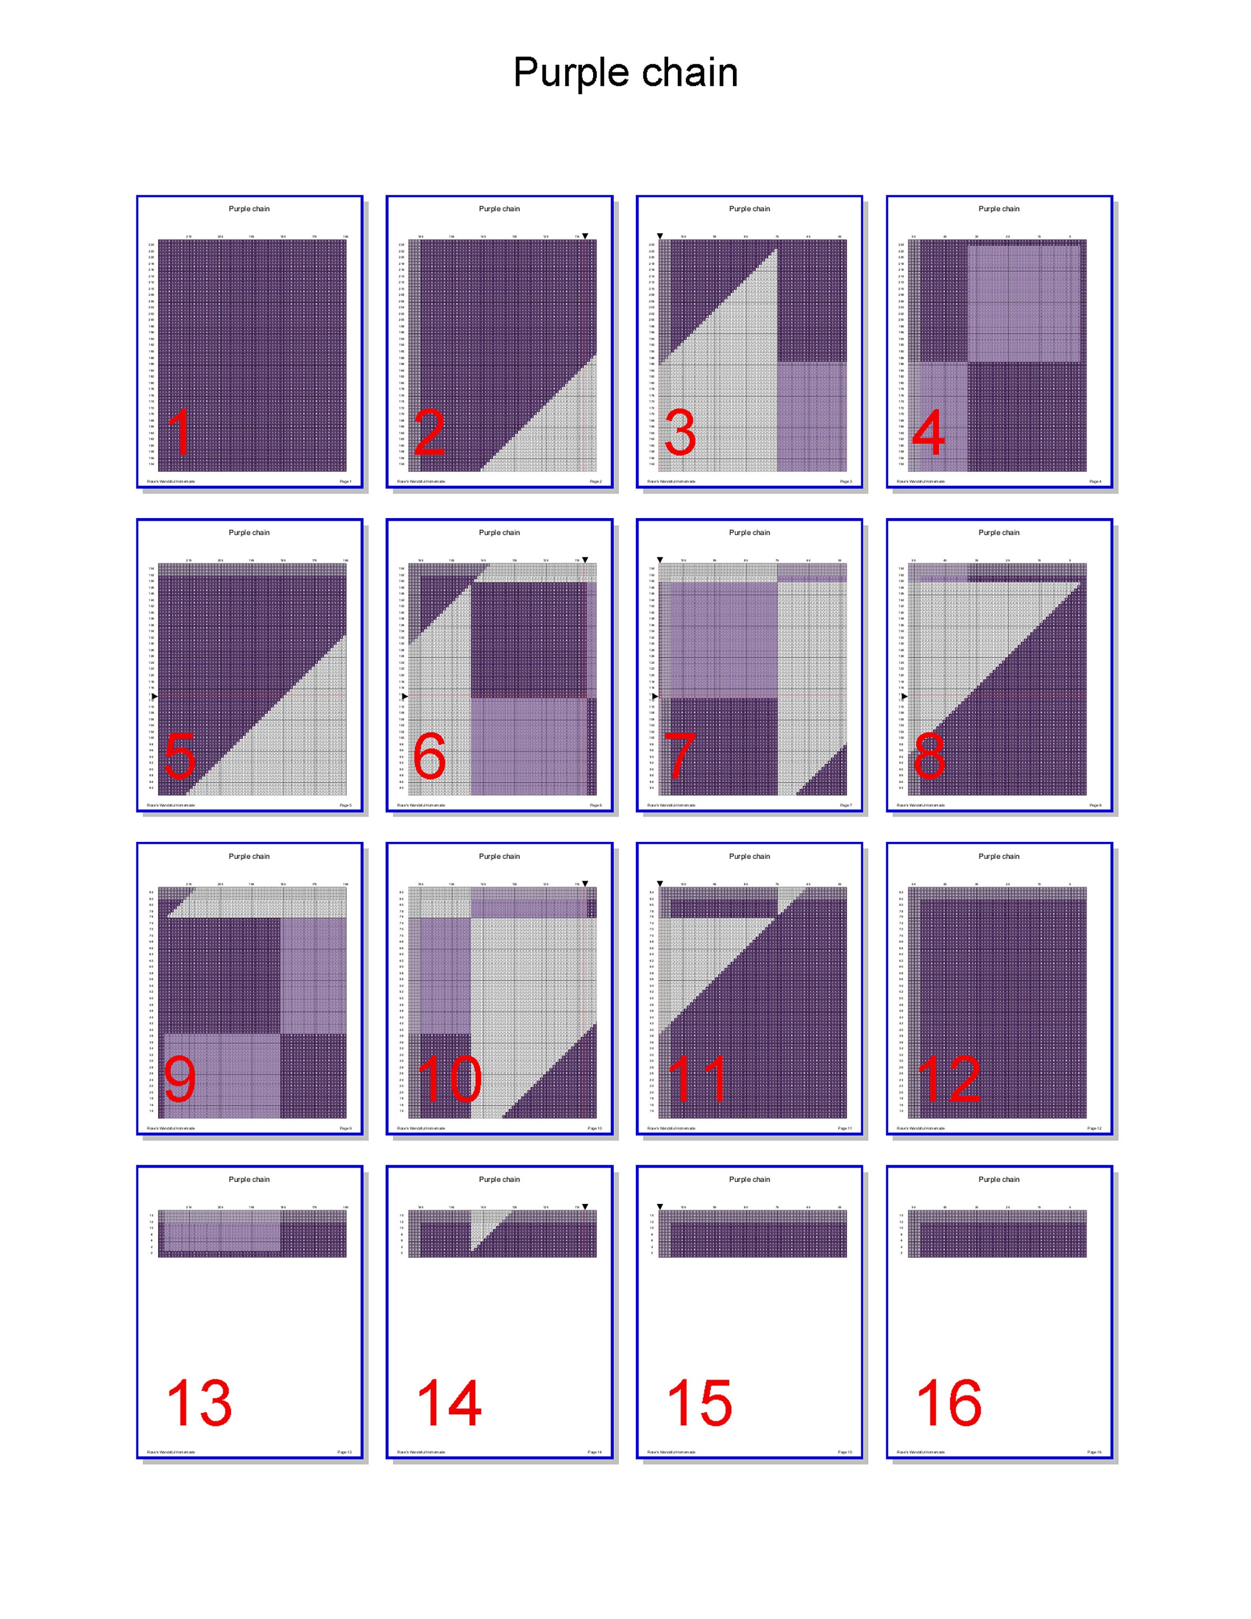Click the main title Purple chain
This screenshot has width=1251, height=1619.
[x=625, y=73]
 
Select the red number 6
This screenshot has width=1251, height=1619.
[x=429, y=756]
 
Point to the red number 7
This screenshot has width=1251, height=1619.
[x=679, y=756]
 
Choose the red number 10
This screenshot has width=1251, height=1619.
[x=449, y=1079]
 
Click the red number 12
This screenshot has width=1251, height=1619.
[x=949, y=1079]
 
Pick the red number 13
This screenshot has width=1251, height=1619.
[x=199, y=1403]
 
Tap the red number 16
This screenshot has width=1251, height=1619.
[x=949, y=1403]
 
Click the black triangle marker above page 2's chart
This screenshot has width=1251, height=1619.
[x=584, y=236]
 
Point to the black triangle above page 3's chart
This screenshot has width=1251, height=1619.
[x=660, y=236]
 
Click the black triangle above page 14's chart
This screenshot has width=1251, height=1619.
[x=584, y=1207]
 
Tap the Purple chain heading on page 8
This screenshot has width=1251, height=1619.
[x=998, y=532]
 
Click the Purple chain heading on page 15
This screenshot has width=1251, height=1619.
[x=749, y=1179]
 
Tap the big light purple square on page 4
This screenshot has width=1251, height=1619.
[x=1023, y=304]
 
